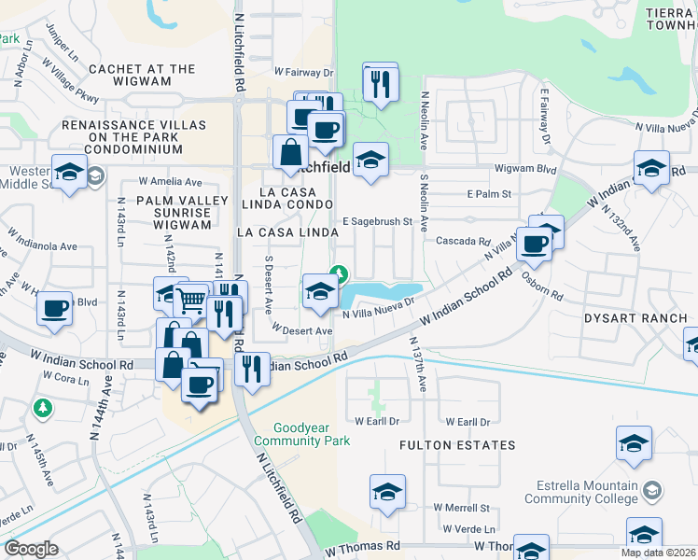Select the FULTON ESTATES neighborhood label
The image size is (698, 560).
pos(457,445)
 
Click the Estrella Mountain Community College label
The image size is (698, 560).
pos(593,492)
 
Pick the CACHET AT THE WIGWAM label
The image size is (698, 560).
pos(142,76)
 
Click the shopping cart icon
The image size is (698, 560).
pos(191,301)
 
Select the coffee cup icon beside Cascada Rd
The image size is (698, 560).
pos(534,245)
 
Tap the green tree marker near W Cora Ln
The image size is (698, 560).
pos(42,408)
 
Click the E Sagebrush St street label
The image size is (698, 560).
pos(377,222)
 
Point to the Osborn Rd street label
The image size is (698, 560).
pos(543,287)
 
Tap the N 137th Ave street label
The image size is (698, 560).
pos(416,365)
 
